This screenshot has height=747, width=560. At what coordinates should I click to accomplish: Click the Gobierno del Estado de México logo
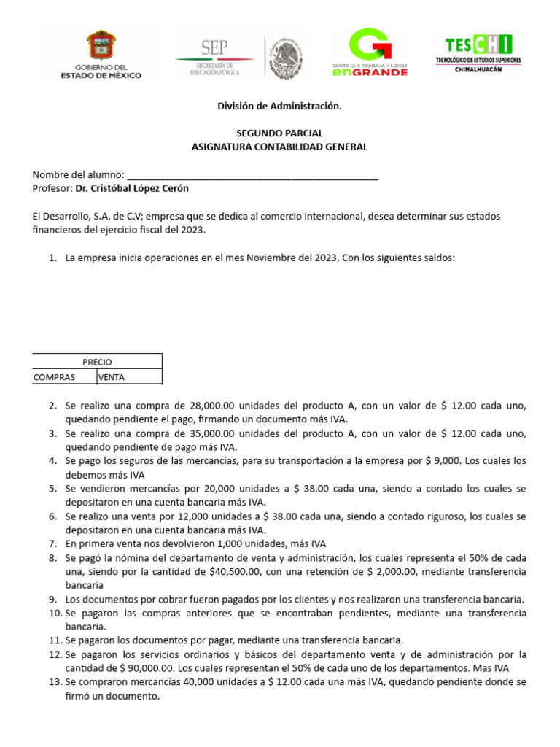pos(101,54)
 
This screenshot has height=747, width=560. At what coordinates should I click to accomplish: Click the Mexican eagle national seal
pos(284,54)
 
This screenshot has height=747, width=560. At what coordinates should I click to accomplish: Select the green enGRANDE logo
pos(370,53)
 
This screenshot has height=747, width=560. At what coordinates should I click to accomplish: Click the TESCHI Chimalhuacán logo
pos(478,53)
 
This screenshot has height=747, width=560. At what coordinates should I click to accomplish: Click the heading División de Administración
pos(279,107)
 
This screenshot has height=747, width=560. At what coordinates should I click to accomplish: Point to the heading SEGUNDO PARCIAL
pos(279,133)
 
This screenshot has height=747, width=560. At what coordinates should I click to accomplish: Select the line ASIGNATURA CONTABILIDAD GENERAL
pos(279,147)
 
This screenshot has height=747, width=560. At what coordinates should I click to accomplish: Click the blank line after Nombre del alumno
pos(252,175)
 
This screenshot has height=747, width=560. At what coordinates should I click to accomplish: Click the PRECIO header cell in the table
pos(97,362)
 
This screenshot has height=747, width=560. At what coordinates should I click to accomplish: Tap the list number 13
pos(55,681)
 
